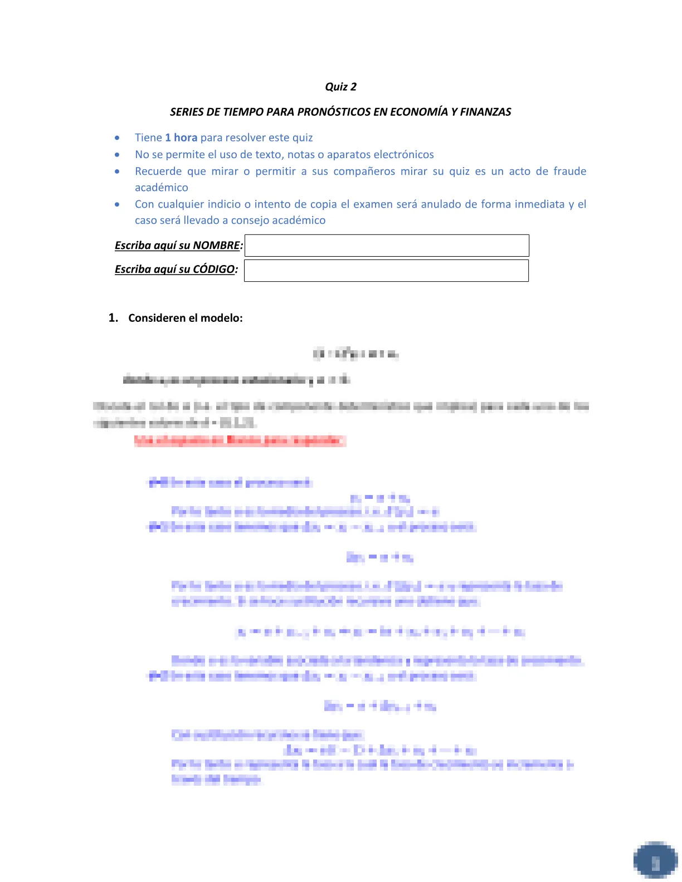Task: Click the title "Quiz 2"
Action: pos(340,87)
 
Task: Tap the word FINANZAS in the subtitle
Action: pos(485,112)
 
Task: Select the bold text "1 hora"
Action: pos(181,138)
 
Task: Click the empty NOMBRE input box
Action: pos(387,246)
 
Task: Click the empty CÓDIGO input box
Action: pos(386,271)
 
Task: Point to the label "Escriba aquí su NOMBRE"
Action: pos(178,246)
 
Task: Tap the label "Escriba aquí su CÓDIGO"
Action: pos(175,269)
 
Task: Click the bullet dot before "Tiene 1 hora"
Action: pos(117,138)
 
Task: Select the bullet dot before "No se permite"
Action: pos(117,155)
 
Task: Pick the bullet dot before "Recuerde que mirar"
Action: pos(117,171)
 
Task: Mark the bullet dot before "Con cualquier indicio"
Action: pos(117,204)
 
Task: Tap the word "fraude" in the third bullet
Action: pos(569,171)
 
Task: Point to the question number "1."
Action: pos(113,318)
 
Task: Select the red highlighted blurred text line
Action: pos(240,441)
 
